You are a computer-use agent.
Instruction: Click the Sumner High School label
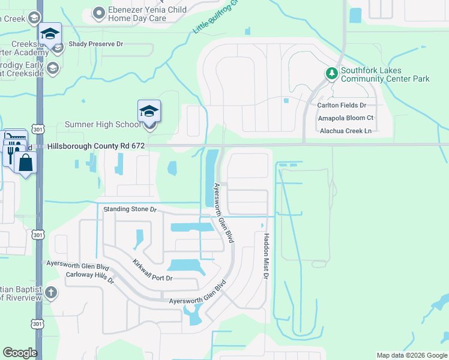pos(102,125)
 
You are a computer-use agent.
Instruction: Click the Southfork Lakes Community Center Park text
pos(385,74)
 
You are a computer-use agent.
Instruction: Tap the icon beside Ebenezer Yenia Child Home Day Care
pos(100,12)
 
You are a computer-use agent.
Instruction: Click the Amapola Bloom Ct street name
pos(346,118)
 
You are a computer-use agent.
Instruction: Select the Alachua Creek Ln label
pos(346,130)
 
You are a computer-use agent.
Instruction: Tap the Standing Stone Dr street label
pos(130,209)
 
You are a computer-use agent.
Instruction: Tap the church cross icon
pos(52,293)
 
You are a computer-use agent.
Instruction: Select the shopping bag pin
pos(26,163)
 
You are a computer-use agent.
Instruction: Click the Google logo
pos(20,353)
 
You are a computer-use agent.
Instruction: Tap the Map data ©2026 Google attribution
pos(411,355)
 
